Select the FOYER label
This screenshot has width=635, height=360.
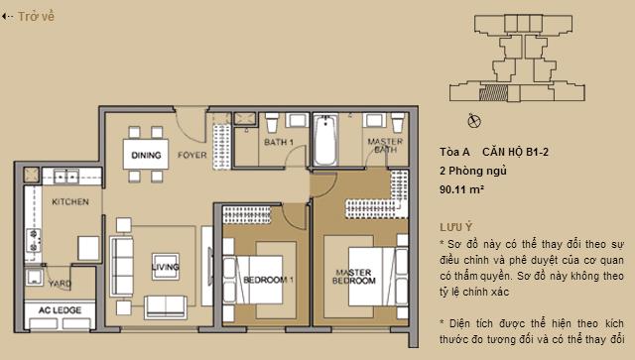(191, 156)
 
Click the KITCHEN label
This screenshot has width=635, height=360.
(70, 201)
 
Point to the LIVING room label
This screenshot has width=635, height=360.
(164, 266)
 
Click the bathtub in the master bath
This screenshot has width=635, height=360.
(325, 145)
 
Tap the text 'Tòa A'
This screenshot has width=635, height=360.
(453, 151)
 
